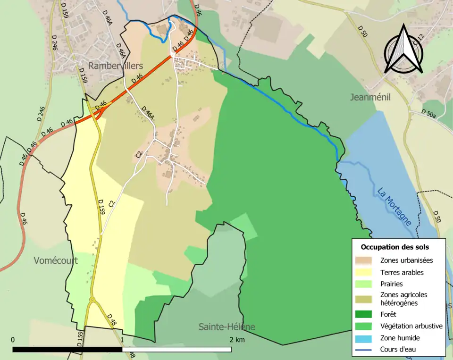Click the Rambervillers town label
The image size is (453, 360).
click(115, 66)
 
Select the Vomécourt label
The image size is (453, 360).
click(56, 260)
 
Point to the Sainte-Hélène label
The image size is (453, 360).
click(226, 327)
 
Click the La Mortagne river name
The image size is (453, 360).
click(394, 207)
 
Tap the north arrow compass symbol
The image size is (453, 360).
click(403, 50)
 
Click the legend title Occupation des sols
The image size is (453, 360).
click(394, 247)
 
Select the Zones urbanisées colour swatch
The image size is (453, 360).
click(363, 260)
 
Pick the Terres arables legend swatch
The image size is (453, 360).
click(363, 272)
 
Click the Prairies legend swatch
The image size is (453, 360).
click(363, 284)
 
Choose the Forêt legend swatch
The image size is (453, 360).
click(363, 314)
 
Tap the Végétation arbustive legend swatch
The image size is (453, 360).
click(363, 326)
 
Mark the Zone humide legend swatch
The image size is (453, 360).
click(363, 338)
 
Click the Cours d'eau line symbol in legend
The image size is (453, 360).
click(363, 350)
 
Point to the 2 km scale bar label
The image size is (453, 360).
click(237, 340)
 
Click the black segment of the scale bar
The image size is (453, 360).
click(67, 350)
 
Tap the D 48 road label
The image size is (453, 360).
click(112, 319)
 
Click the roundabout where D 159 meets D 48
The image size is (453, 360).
click(92, 300)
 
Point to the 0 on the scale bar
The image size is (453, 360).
click(13, 340)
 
